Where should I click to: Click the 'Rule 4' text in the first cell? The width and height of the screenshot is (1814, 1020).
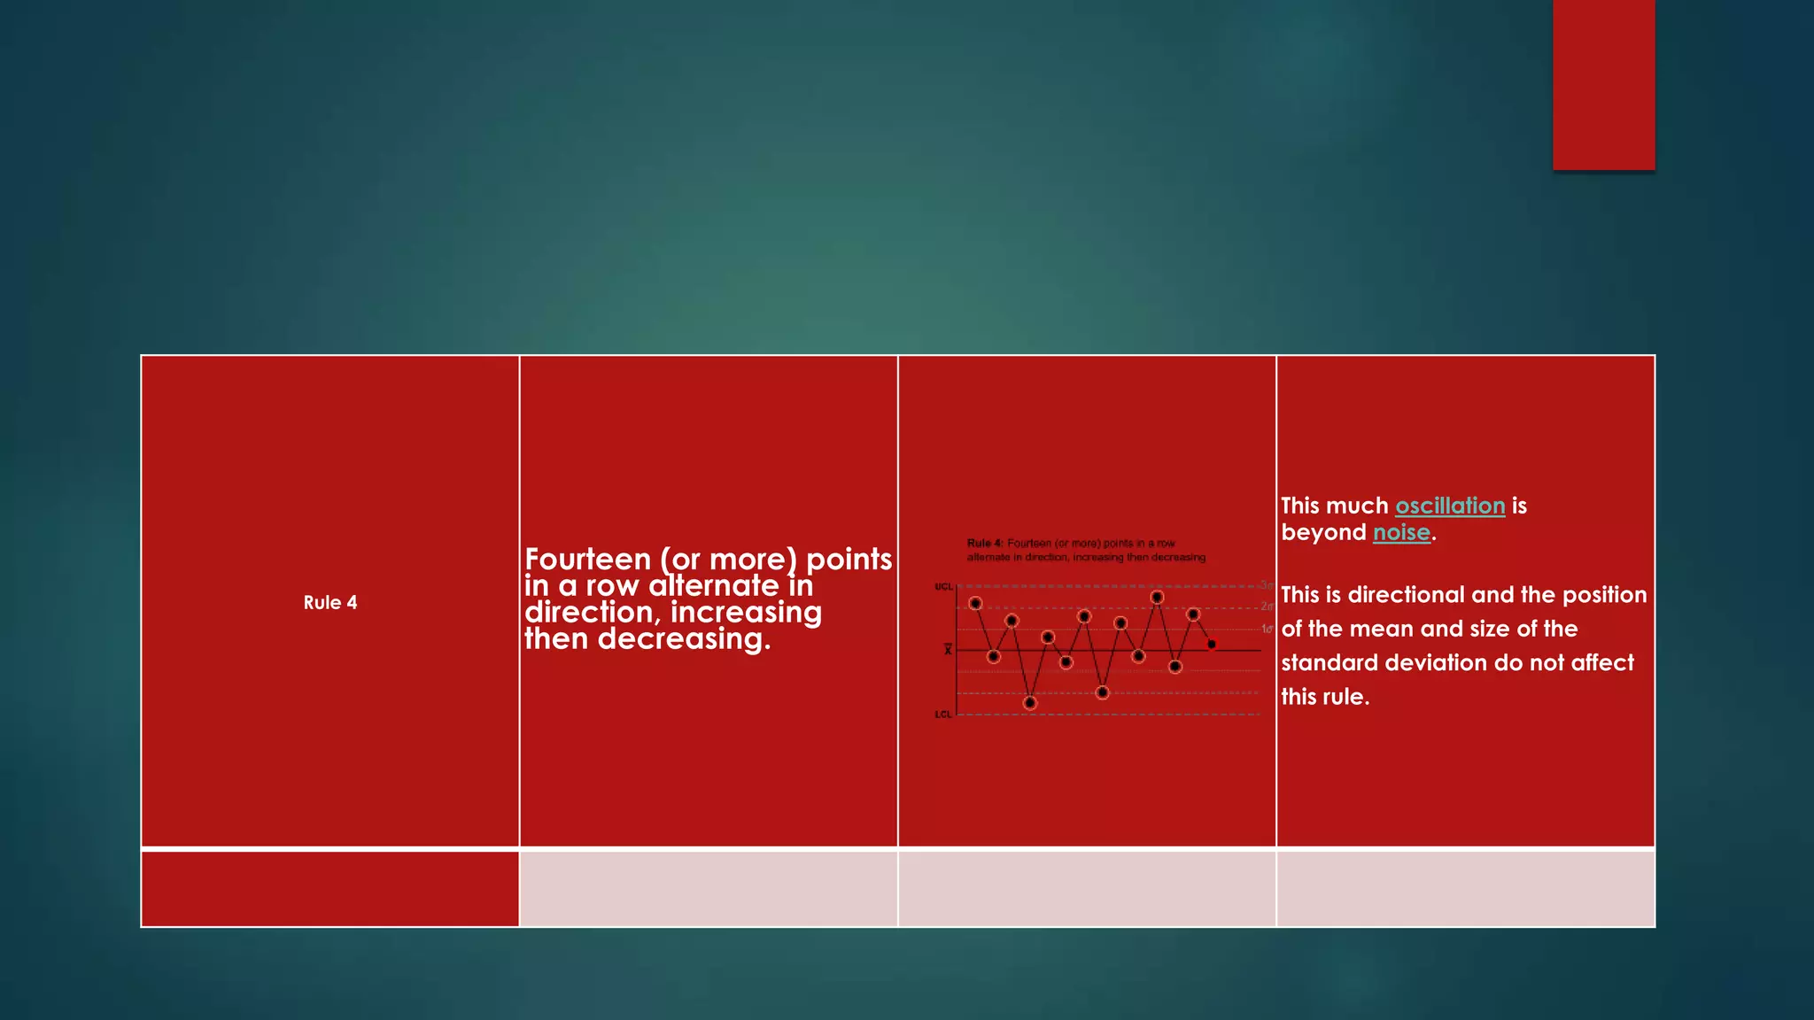329,603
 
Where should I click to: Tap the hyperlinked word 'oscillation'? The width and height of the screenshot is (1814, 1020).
1450,506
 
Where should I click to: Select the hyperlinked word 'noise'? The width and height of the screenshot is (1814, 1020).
1401,532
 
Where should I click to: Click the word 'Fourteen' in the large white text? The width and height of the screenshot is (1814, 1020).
587,560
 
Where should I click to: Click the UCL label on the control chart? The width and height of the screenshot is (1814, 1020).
943,587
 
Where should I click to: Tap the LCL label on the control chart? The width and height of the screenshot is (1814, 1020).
943,715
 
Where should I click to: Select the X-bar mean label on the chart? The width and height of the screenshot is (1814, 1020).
948,650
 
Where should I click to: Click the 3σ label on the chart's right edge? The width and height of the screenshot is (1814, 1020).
1267,585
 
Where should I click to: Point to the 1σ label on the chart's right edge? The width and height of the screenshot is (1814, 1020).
1267,629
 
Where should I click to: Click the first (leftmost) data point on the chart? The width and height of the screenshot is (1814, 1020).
975,603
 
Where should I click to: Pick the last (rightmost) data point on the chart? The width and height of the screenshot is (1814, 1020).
1212,644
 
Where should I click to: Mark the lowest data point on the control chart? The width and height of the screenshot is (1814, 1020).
1029,703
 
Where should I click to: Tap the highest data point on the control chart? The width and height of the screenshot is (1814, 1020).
1157,598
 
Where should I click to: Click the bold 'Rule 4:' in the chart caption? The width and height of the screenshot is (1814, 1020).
985,544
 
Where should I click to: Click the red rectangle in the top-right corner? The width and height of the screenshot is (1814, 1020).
1603,85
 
